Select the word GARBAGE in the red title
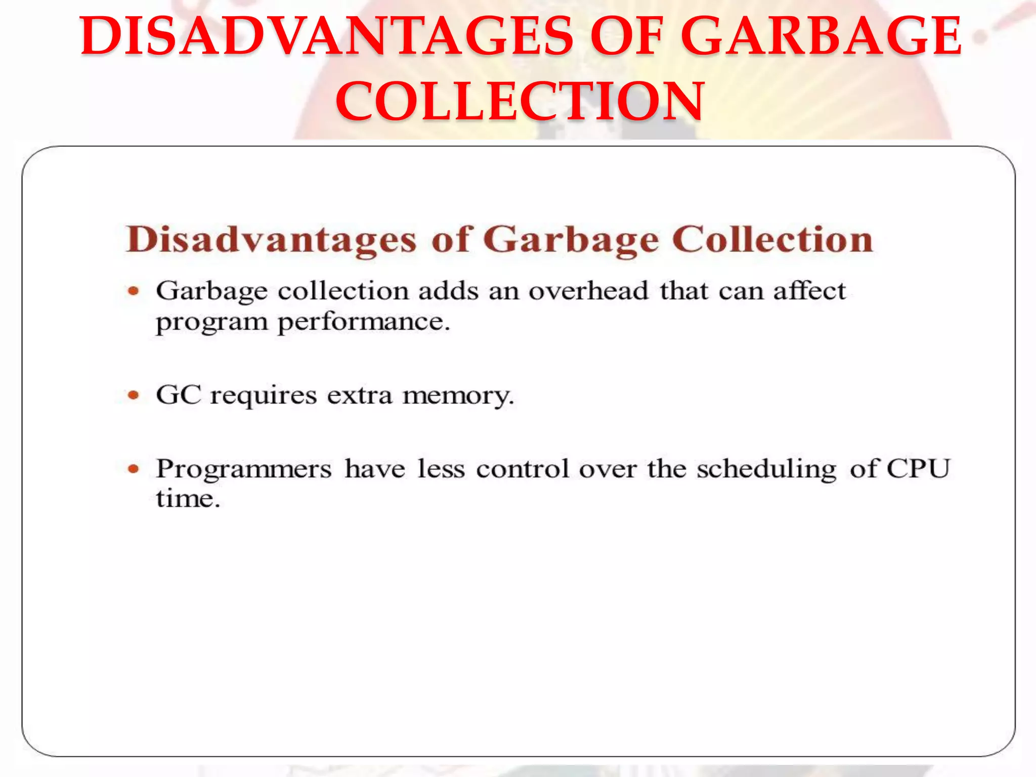pos(821,36)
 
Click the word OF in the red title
pos(627,36)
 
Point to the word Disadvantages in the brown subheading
pos(271,239)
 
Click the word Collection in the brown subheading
pos(772,239)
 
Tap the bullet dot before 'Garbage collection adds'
pos(134,291)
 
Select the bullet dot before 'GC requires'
pos(134,395)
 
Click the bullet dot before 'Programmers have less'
pos(134,469)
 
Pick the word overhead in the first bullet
pos(588,291)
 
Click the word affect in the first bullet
pos(809,291)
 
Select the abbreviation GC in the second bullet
pos(179,395)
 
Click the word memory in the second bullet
pos(458,396)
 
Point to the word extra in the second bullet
pos(359,395)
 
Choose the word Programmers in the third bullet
pos(244,469)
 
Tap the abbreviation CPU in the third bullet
pos(918,468)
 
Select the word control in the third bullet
pos(523,469)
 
